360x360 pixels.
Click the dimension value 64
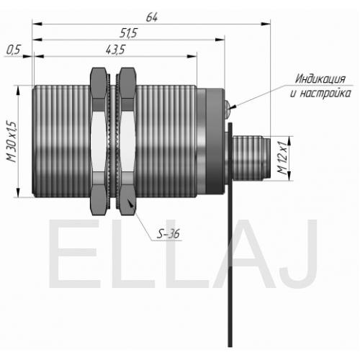pos(152,17)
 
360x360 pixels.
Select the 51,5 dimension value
pos(128,33)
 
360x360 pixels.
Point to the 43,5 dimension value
pos(116,50)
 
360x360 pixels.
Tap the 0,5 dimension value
pos(14,50)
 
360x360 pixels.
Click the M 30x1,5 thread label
pos(12,142)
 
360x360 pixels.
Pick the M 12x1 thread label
pos(282,158)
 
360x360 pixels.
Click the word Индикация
pos(320,78)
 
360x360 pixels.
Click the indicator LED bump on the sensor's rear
pos(228,105)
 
